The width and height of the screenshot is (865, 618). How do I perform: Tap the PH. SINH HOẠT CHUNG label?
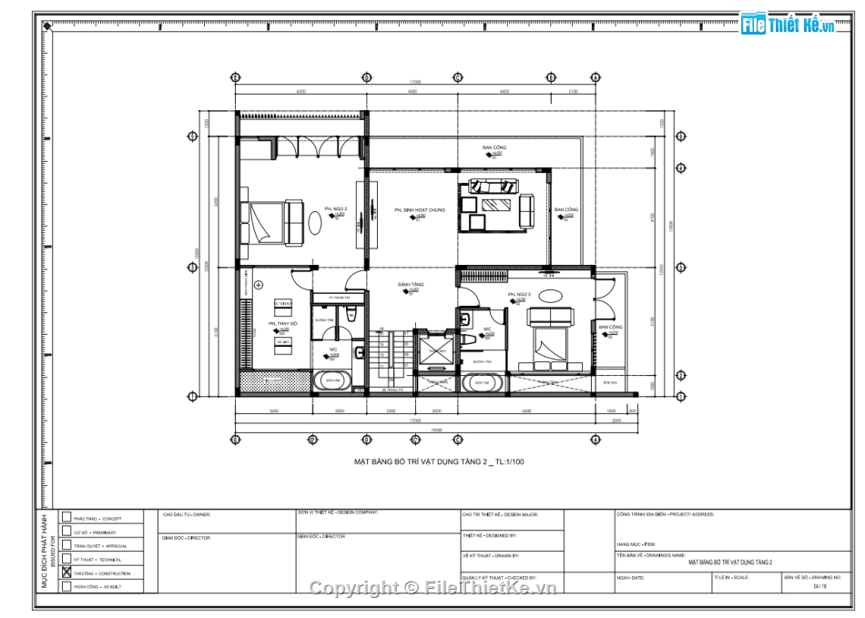pyautogui.click(x=419, y=210)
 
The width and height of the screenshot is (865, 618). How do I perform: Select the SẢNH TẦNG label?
pyautogui.click(x=410, y=285)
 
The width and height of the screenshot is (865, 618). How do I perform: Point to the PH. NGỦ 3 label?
pyautogui.click(x=519, y=295)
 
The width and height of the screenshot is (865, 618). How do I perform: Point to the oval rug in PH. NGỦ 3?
pyautogui.click(x=550, y=296)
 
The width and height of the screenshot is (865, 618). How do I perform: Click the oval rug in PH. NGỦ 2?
pyautogui.click(x=315, y=221)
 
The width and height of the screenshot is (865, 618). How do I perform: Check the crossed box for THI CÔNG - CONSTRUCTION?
pyautogui.click(x=66, y=572)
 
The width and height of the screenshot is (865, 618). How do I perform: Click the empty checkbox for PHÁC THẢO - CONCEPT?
pyautogui.click(x=66, y=517)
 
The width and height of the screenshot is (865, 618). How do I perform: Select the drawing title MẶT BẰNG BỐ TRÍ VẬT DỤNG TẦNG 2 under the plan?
pyautogui.click(x=439, y=462)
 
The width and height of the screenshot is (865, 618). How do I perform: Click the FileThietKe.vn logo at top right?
pyautogui.click(x=789, y=25)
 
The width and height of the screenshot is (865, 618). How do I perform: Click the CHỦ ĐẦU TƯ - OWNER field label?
pyautogui.click(x=186, y=514)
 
